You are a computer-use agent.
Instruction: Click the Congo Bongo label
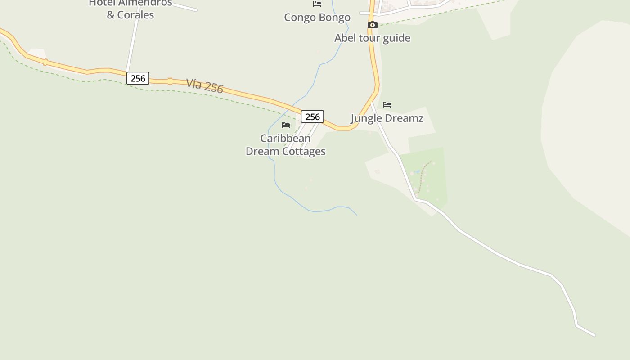click(317, 18)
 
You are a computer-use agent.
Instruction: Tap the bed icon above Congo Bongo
click(317, 4)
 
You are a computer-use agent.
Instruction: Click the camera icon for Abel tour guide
click(372, 25)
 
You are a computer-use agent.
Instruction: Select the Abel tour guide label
click(372, 38)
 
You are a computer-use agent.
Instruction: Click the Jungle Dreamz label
click(387, 118)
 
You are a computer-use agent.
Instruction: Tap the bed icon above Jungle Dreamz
click(387, 105)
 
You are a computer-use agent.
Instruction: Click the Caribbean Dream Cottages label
click(285, 145)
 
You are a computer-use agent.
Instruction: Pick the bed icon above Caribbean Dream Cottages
click(286, 125)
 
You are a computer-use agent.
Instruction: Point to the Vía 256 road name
click(205, 85)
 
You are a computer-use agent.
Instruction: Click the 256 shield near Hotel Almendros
click(138, 78)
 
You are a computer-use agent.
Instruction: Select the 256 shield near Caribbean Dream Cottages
click(312, 117)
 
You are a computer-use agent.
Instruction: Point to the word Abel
click(344, 38)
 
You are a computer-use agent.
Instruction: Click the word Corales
click(135, 15)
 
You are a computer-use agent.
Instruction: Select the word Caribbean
click(285, 138)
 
